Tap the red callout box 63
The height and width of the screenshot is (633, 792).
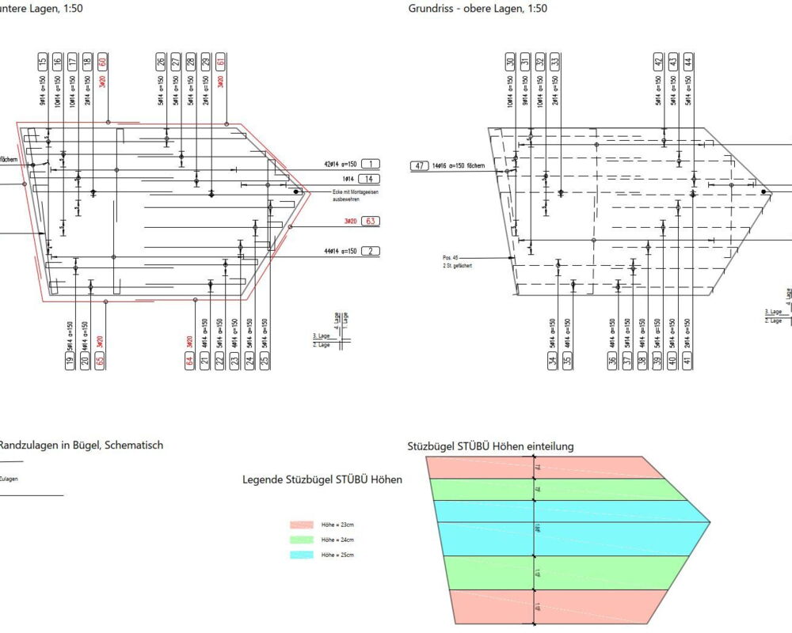coord(369,222)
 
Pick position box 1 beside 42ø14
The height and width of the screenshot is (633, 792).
coord(369,164)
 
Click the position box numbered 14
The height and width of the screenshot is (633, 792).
coord(369,180)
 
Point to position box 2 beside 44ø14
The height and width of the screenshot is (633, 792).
coord(369,252)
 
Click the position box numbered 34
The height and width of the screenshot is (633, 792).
coord(552,362)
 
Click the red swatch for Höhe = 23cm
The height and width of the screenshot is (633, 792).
coord(304,525)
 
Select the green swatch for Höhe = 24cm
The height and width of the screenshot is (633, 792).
coord(304,540)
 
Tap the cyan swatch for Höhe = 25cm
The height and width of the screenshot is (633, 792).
coord(304,555)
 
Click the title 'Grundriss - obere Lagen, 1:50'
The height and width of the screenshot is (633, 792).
coord(478,9)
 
